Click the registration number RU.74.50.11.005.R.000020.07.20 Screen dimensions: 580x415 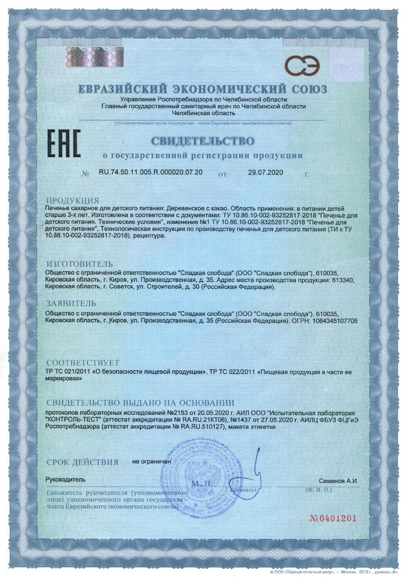pos(151,172)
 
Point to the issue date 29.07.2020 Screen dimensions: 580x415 pos(265,172)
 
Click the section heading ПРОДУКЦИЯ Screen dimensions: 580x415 pos(73,201)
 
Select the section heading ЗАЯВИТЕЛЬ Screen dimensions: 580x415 pos(71,303)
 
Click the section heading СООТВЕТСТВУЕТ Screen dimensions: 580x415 pos(83,363)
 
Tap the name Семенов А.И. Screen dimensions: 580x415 pos(338,481)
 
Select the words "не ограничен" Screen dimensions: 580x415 pos(152,461)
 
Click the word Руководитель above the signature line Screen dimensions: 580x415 pos(65,479)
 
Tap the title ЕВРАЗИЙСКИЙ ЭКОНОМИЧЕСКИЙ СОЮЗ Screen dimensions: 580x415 pos(203,89)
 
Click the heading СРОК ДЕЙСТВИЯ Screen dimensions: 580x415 pos(82,462)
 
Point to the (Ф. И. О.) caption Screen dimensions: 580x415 pos(319,489)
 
